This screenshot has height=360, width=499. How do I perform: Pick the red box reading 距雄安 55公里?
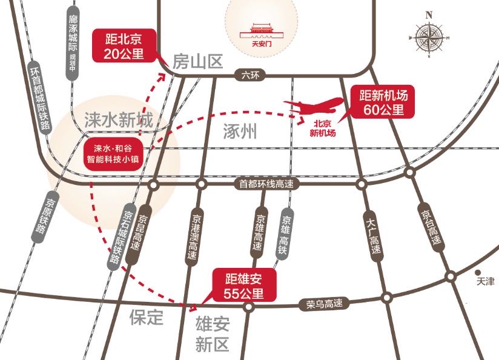pyautogui.click(x=244, y=286)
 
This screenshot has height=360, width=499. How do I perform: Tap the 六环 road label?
pyautogui.click(x=249, y=75)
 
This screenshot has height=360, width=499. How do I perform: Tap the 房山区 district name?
pyautogui.click(x=197, y=61)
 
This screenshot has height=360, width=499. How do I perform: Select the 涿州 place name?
pyautogui.click(x=240, y=131)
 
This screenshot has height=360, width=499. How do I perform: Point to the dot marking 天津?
pyautogui.click(x=478, y=273)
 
